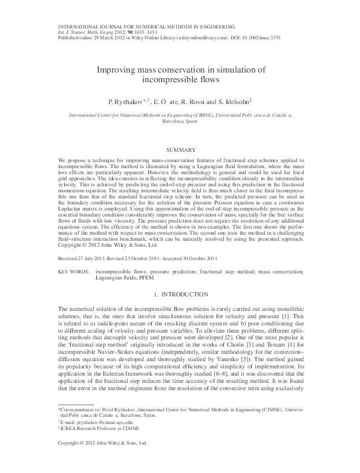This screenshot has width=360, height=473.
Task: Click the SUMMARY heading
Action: (x=180, y=149)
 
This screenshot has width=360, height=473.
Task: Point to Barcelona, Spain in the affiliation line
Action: (x=180, y=121)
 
